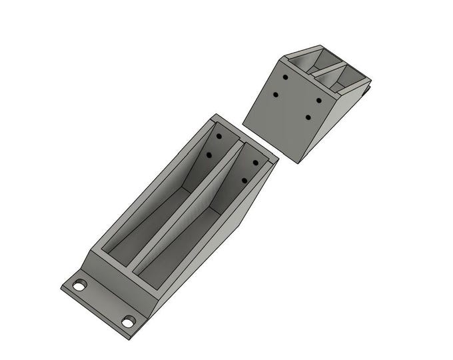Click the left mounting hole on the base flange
pos(80,285)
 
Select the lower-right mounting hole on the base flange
pos(128,322)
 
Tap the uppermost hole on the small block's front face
pos(284,77)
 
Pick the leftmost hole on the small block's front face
pos(275,95)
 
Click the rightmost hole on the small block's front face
pos(318,101)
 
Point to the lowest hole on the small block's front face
pos(308,117)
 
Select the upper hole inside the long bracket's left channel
pos(219,136)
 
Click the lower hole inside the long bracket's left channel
pos(209,155)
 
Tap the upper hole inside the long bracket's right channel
pos(254,162)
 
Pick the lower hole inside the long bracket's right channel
pos(244,180)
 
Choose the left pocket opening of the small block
pos(310,61)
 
